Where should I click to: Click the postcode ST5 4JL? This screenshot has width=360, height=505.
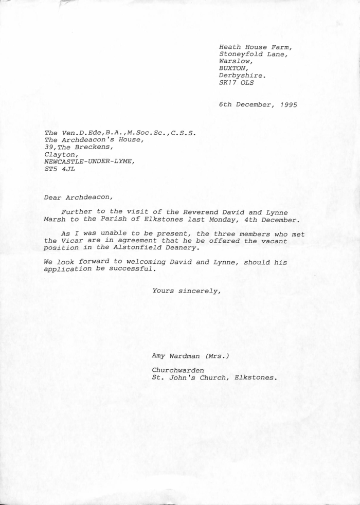coord(60,168)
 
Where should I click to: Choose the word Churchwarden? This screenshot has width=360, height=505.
coord(178,370)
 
